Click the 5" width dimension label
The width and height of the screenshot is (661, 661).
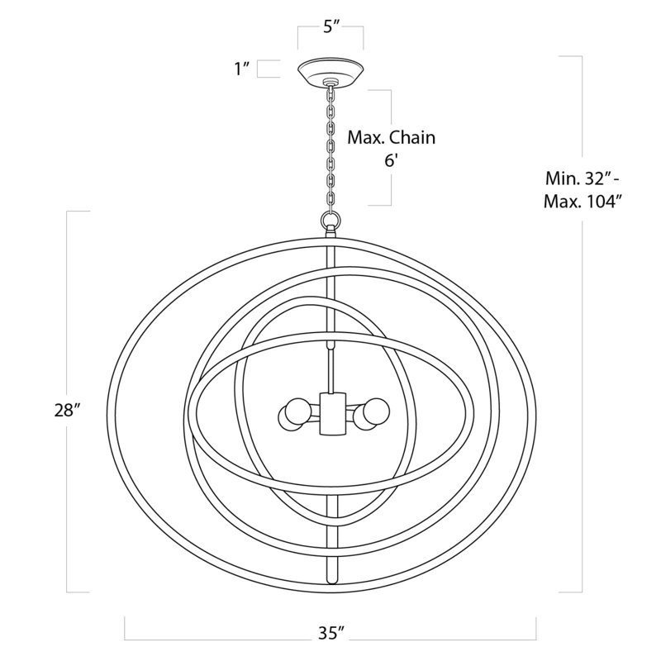click(x=331, y=27)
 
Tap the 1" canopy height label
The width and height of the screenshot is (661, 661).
click(x=243, y=69)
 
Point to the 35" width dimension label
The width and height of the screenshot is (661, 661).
click(x=331, y=633)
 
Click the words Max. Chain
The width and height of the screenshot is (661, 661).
click(x=391, y=138)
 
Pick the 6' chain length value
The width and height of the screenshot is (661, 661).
click(x=391, y=160)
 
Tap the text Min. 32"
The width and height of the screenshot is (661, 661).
click(x=583, y=178)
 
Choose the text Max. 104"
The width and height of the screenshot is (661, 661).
click(x=583, y=202)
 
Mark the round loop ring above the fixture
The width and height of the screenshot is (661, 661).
click(x=331, y=219)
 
